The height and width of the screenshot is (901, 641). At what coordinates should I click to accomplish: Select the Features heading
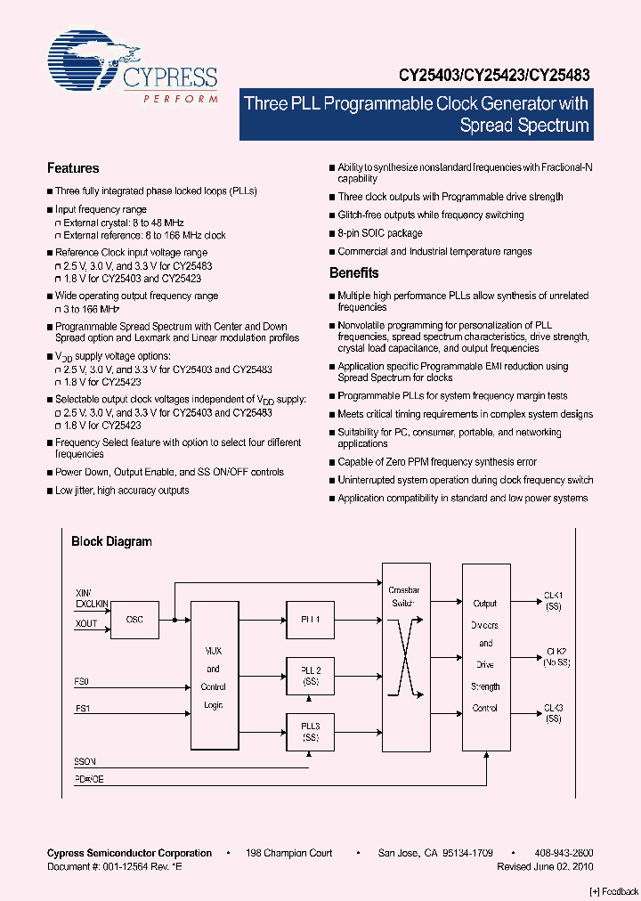coord(73,168)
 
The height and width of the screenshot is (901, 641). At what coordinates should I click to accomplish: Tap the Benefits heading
coord(353,273)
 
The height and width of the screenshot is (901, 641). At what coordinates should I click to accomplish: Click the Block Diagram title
coord(111,541)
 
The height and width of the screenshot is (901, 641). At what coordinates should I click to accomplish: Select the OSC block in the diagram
coord(134,620)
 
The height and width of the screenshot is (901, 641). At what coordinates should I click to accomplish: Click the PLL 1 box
coord(310,619)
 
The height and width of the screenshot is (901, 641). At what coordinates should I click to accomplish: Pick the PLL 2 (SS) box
coord(310,676)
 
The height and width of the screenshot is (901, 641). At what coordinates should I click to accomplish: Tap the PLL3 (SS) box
coord(310,733)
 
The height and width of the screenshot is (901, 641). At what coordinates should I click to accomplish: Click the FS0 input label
coord(82,681)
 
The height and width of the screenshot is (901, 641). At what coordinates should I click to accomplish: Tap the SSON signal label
coord(85,762)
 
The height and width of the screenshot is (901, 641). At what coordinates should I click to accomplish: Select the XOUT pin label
coord(86,624)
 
